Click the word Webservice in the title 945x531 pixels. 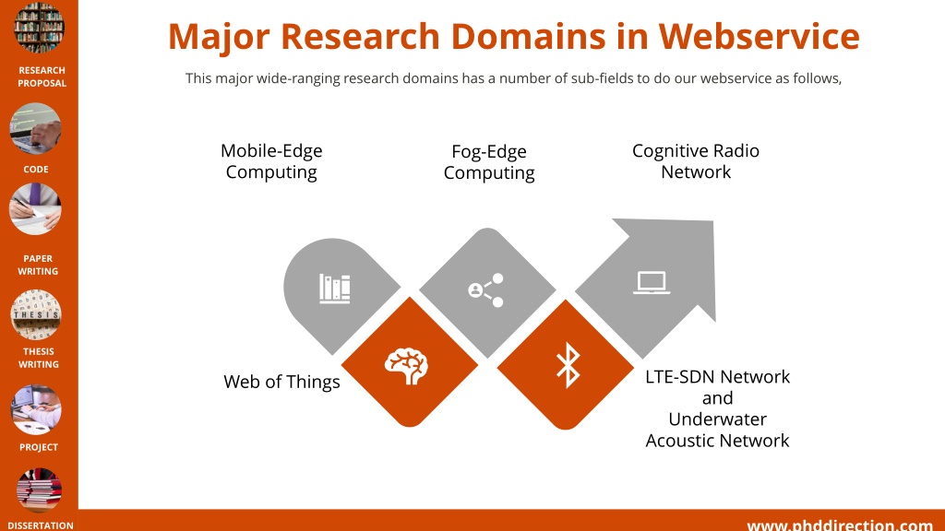point(759,36)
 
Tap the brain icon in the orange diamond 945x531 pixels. point(406,366)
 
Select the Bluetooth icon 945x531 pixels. point(568,365)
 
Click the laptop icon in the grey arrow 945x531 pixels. point(652,283)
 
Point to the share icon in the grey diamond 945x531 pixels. point(485,290)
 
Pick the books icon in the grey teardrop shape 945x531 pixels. point(334,289)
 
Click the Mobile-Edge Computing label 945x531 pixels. point(271,160)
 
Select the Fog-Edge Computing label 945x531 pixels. point(489,162)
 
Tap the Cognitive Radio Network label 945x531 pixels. point(696,160)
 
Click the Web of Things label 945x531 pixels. point(281,382)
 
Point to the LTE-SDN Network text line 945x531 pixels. point(717,377)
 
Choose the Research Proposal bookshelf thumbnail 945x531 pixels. point(39,27)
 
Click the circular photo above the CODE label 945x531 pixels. point(36,128)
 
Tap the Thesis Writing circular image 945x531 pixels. point(36,315)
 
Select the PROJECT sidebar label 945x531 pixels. point(39,447)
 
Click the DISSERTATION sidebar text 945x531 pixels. point(41,525)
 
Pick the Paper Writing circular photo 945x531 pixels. point(36,209)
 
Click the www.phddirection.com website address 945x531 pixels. point(840,525)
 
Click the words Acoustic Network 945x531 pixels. point(717,441)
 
